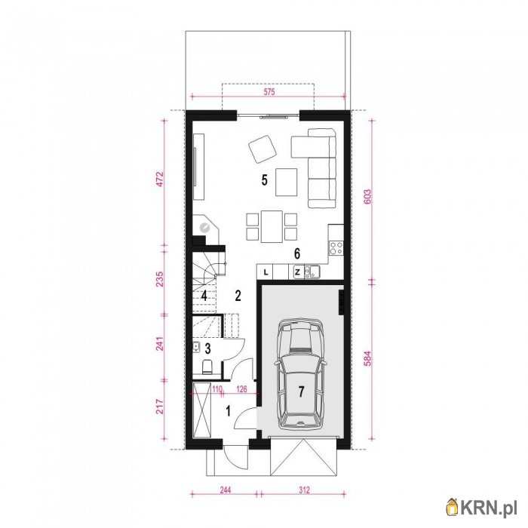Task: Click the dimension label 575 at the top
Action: (269, 91)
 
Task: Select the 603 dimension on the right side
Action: (368, 196)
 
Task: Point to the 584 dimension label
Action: (368, 358)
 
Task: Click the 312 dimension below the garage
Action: (304, 490)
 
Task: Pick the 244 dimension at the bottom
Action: (225, 490)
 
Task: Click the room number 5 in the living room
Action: (264, 180)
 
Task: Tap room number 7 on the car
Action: (301, 391)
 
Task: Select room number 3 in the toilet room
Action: (207, 348)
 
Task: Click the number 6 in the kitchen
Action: (296, 253)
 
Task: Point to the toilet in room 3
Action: (207, 367)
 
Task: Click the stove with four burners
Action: (336, 248)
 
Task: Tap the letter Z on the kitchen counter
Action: (297, 272)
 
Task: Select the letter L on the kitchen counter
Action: (266, 272)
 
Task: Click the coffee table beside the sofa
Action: (286, 183)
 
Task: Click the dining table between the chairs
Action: (272, 226)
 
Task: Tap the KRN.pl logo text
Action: (488, 507)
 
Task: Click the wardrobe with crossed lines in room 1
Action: (201, 410)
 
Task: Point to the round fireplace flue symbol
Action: (204, 228)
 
